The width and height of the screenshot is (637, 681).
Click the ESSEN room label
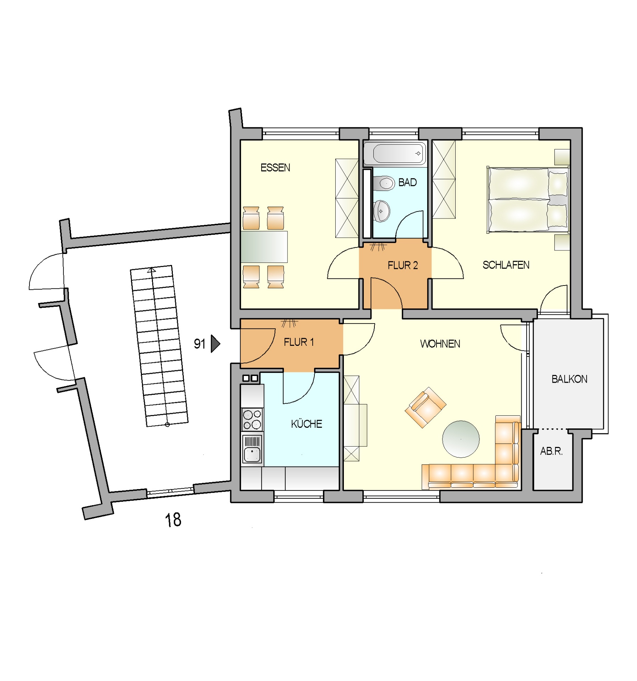(275, 167)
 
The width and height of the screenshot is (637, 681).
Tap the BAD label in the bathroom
(407, 182)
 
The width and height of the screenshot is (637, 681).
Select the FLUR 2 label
(402, 265)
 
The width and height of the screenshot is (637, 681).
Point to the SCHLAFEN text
(506, 265)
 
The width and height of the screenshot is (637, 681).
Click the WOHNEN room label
(440, 344)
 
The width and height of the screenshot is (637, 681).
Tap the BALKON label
(569, 379)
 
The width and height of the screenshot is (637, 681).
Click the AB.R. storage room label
(551, 451)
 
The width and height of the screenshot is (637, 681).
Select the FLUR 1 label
(298, 342)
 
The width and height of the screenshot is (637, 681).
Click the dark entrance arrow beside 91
(215, 344)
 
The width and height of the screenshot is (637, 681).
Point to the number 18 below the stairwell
(173, 520)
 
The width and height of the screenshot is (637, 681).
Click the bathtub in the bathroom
(395, 153)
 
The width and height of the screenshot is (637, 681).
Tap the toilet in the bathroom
(384, 183)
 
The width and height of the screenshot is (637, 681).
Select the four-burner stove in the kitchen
(252, 419)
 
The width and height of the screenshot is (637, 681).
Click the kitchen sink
(252, 449)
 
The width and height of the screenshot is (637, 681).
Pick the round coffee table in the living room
(461, 439)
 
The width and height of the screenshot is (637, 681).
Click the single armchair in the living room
(425, 408)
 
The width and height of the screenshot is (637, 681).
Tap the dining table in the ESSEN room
(264, 247)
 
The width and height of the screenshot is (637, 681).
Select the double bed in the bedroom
(528, 200)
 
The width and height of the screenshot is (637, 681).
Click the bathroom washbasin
(381, 211)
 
